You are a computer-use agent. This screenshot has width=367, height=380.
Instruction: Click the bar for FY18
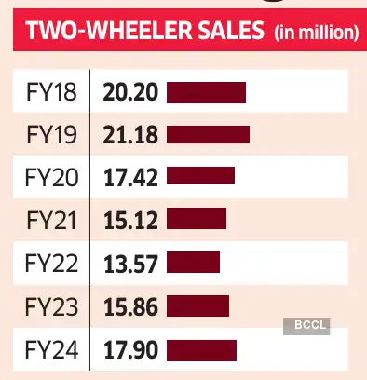pos(206,92)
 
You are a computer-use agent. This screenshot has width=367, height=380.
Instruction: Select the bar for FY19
pos(209,134)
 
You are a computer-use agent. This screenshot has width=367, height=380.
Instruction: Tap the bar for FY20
pos(200,176)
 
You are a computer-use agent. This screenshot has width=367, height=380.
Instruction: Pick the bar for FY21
pos(197,219)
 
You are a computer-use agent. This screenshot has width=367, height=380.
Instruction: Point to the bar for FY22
pos(193,262)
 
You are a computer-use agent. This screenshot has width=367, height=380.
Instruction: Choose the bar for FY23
pos(197,305)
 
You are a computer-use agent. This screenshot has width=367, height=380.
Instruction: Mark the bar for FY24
pos(202,350)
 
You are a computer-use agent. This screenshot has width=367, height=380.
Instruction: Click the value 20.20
pos(130,92)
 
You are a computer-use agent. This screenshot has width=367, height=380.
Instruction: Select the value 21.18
pos(130,134)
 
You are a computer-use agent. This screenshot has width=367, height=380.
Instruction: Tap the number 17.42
pos(130,176)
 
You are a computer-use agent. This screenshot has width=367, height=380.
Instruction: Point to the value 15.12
pos(130,219)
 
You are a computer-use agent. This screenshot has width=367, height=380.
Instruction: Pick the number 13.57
pos(130,262)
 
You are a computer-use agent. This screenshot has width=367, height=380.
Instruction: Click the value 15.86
pos(130,305)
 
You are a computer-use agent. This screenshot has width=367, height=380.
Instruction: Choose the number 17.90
pos(130,350)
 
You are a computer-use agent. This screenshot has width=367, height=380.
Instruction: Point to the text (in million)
pos(316,34)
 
